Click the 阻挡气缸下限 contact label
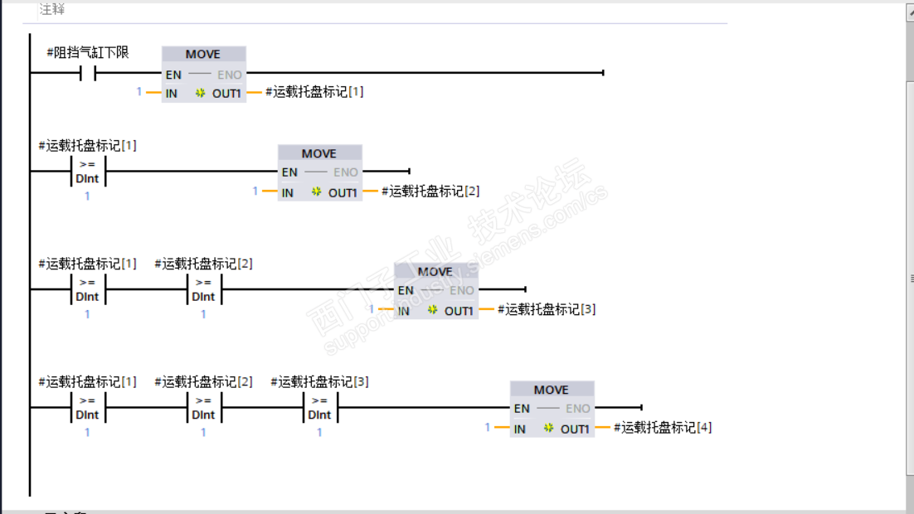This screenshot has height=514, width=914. (x=88, y=53)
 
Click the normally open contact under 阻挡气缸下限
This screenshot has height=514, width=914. (x=88, y=73)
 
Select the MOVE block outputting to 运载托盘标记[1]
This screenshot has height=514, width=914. (x=203, y=74)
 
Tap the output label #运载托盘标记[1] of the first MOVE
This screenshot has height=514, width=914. (x=314, y=92)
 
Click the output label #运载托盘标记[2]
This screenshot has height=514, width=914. (x=430, y=192)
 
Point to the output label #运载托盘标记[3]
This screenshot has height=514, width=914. (x=547, y=310)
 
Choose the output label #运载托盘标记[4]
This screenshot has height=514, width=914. (x=663, y=428)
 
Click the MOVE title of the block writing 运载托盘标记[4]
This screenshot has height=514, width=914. (x=552, y=390)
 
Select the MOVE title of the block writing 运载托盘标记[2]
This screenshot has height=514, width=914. (x=319, y=153)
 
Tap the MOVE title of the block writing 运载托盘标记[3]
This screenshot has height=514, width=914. (x=435, y=272)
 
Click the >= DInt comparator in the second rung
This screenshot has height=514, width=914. (x=87, y=172)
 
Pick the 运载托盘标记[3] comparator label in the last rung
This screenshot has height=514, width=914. (x=319, y=382)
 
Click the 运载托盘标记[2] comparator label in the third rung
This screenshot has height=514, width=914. (x=203, y=264)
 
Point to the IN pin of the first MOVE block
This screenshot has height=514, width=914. (x=172, y=93)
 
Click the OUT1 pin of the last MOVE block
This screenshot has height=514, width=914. (x=574, y=429)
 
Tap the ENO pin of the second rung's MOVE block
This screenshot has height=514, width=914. (x=345, y=172)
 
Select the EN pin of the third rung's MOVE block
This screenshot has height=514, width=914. (x=405, y=290)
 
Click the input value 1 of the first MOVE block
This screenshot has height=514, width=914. (x=139, y=92)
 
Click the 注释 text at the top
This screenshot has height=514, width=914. (x=52, y=9)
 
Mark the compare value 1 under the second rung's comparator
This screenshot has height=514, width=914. (x=87, y=196)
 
